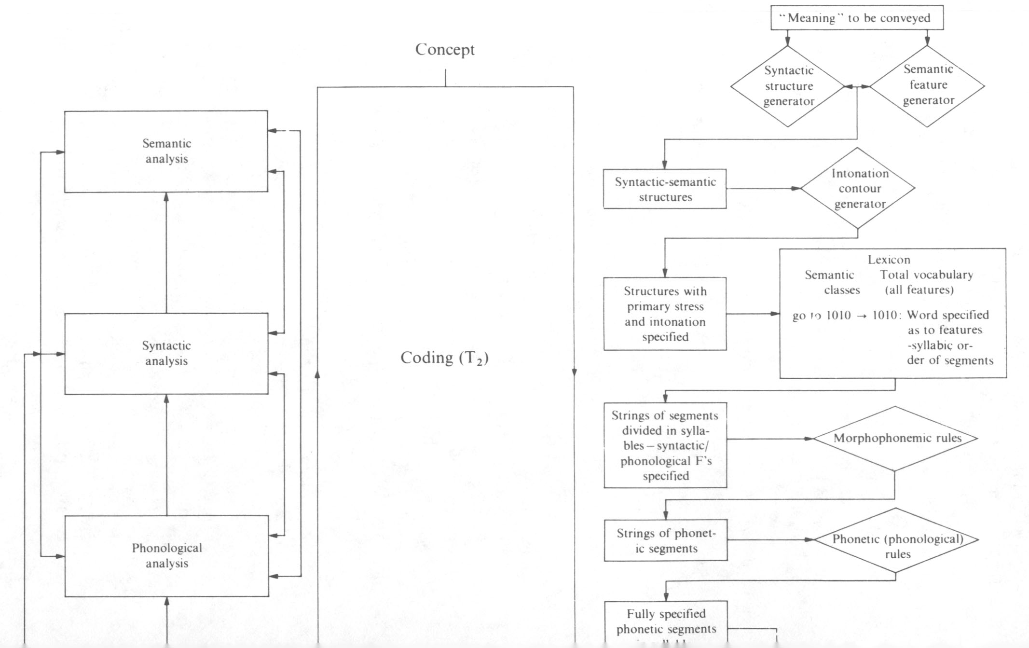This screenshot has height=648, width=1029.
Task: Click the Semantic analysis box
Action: [x=166, y=152]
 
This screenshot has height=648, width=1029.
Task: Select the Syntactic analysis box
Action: [x=166, y=354]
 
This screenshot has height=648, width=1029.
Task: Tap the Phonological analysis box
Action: [x=166, y=556]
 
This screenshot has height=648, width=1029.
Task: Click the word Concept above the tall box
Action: [x=445, y=49]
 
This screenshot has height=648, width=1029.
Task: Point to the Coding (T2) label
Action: [x=444, y=358]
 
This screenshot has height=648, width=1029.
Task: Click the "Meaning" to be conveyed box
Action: [x=857, y=18]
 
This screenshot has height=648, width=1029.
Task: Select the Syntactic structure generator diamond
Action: [x=788, y=86]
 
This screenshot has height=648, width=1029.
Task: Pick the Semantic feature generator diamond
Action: [x=928, y=85]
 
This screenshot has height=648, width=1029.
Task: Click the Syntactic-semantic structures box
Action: [x=665, y=189]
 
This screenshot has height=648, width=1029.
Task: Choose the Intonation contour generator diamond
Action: [x=859, y=189]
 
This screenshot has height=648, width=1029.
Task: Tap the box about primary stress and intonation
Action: [x=665, y=314]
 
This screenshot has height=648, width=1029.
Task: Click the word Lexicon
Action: [x=889, y=260]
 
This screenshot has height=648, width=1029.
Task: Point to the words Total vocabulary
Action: [x=926, y=275]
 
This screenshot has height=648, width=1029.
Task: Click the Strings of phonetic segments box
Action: [x=666, y=540]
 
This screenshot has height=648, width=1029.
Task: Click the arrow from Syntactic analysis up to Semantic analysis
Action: [x=166, y=251]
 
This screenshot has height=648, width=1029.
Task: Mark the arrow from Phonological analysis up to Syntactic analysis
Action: [x=166, y=454]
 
